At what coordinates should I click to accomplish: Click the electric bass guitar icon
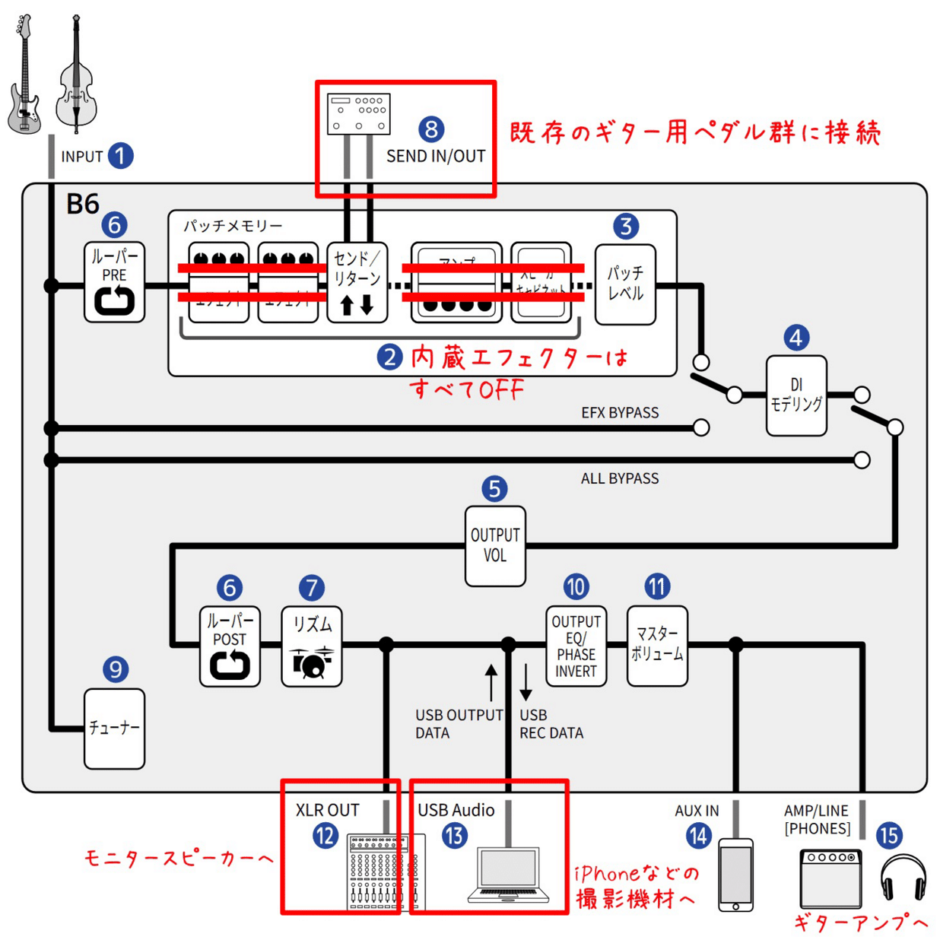(x=24, y=76)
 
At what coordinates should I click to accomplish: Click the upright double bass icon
(x=76, y=76)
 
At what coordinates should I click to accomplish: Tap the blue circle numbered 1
(x=120, y=156)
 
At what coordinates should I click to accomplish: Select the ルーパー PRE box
(x=114, y=282)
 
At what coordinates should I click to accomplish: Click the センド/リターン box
(x=357, y=282)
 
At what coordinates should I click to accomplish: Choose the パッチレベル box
(x=624, y=284)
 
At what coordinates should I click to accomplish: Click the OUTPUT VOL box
(x=494, y=546)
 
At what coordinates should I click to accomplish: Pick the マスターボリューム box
(x=657, y=646)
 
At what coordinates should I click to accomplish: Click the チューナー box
(x=114, y=729)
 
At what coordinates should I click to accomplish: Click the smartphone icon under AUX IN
(x=735, y=875)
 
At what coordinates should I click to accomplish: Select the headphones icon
(x=903, y=878)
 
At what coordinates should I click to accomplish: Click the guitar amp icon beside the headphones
(x=830, y=878)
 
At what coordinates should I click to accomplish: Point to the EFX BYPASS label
(x=620, y=413)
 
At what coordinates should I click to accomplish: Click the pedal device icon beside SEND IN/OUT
(x=359, y=114)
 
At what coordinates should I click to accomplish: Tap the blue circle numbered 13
(x=455, y=837)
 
